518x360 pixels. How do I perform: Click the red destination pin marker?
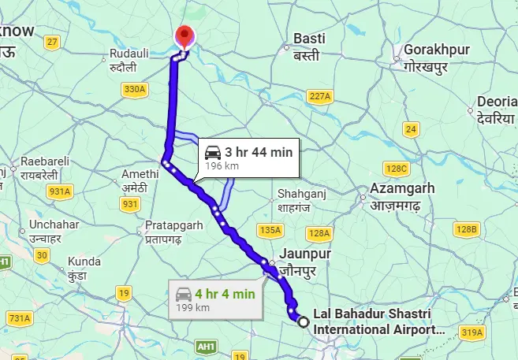185,36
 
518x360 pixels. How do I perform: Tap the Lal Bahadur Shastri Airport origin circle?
302,320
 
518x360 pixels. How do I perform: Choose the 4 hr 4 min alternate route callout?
215,299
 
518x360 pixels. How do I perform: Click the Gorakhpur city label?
436,57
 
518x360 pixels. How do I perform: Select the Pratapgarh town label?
173,232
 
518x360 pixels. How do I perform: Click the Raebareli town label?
46,167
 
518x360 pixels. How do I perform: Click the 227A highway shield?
319,95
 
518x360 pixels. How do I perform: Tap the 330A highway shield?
134,89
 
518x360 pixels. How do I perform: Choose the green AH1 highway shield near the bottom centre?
207,346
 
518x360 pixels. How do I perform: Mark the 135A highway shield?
270,230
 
